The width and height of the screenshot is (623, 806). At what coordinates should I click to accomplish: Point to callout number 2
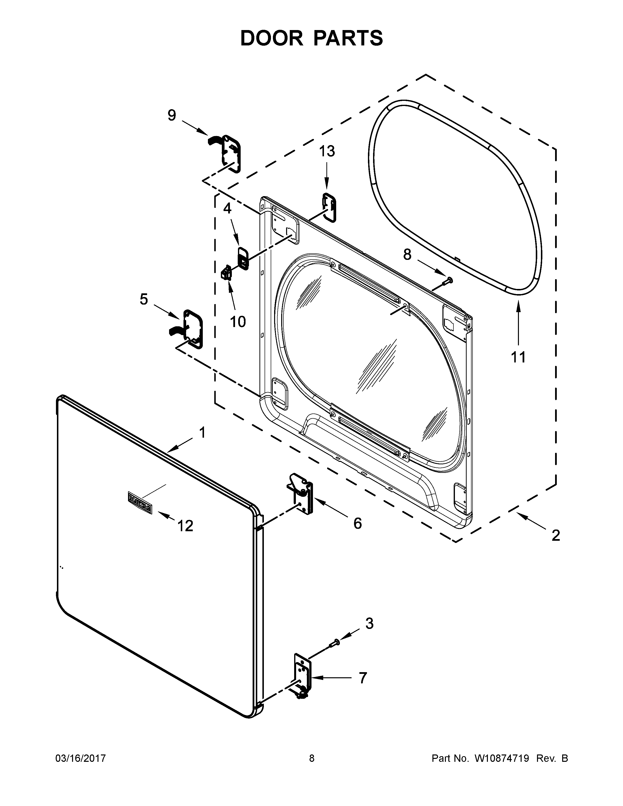coord(556,535)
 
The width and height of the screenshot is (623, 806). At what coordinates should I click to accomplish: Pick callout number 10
coord(238,322)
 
